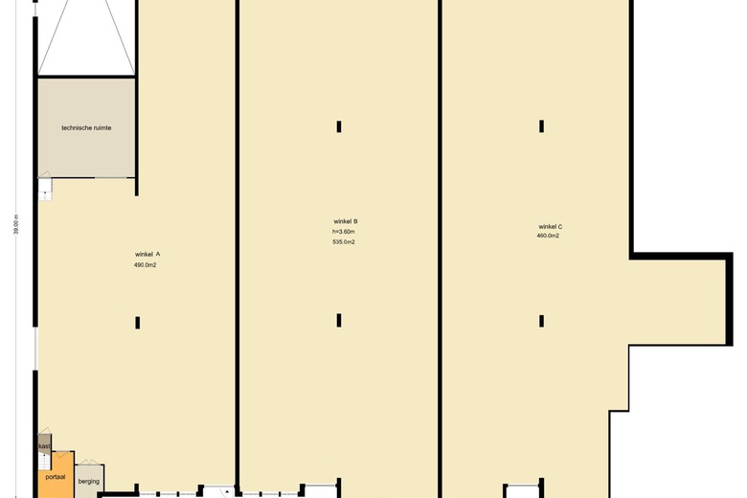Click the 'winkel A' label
[x=147, y=255]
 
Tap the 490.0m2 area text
[x=146, y=265]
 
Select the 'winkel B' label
[x=346, y=221]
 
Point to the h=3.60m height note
[x=344, y=232]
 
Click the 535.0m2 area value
[x=344, y=242]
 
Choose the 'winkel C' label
[x=551, y=227]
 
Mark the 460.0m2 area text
[x=548, y=236]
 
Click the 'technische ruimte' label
[x=86, y=127]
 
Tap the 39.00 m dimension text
[x=16, y=224]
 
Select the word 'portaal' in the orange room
[x=56, y=477]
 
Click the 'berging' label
[x=89, y=482]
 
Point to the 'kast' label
[x=44, y=446]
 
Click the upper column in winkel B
[x=339, y=126]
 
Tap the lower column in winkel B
[x=339, y=320]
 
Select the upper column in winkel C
[x=541, y=126]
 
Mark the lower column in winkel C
[x=541, y=321]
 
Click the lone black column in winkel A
[x=137, y=323]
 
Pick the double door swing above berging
[x=89, y=462]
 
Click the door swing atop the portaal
[x=61, y=454]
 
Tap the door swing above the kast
[x=44, y=431]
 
